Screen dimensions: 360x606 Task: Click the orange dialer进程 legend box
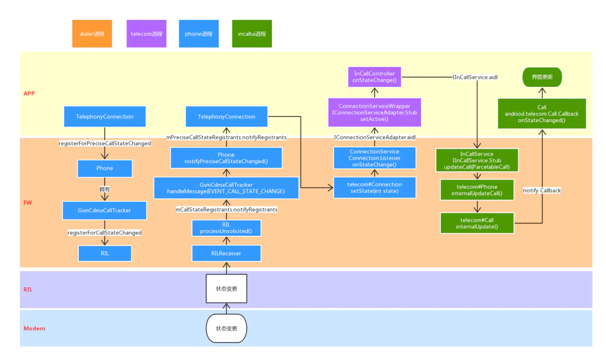point(92,34)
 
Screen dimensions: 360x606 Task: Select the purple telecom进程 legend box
point(146,34)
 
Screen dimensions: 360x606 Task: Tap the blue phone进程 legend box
point(198,34)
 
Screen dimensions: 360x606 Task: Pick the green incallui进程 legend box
point(251,34)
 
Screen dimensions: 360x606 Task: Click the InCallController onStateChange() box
point(374,77)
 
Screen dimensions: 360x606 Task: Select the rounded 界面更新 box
point(542,78)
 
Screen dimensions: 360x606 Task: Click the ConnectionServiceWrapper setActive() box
point(374,113)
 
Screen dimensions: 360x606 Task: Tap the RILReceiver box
point(226,253)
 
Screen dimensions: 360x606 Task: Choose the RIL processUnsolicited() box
point(226,228)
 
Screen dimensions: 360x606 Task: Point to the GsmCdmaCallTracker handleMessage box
point(226,188)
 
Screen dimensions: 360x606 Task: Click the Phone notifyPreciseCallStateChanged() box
point(226,158)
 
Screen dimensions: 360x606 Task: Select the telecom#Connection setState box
point(374,187)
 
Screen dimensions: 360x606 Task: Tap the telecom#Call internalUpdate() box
point(477,223)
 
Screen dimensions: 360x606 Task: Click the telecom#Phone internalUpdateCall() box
point(477,190)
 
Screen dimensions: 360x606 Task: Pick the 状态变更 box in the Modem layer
point(226,328)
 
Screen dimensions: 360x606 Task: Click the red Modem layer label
point(34,329)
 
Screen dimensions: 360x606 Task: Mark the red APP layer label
point(29,93)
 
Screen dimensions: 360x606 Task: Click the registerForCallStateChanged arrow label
point(105,233)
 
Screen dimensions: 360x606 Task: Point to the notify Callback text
point(542,190)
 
